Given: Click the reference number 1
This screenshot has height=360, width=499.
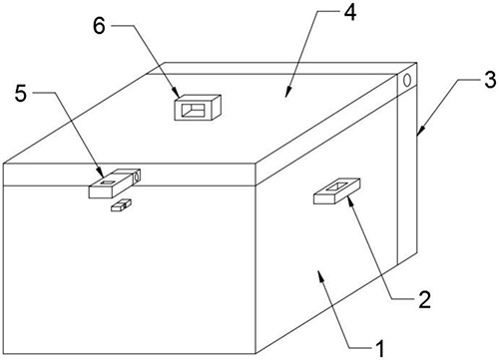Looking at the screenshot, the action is click(379, 349).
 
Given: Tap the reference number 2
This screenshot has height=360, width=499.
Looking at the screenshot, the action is click(425, 299).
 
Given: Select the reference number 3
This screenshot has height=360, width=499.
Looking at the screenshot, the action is click(490, 80).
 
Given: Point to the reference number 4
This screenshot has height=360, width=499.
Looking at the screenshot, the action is click(349, 13).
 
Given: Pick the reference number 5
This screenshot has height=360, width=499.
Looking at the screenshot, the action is click(21, 93).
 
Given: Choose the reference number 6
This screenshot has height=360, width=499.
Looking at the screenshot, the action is click(99, 26).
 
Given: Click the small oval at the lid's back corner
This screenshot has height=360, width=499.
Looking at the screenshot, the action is click(407, 80).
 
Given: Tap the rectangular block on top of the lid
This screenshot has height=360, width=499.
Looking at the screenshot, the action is click(198, 107).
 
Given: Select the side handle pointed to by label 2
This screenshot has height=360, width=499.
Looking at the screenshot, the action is click(336, 190).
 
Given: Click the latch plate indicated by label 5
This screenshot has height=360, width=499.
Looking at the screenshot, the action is click(114, 182).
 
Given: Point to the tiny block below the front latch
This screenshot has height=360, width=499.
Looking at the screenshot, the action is click(121, 204).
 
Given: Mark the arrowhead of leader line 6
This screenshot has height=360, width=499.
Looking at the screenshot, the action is click(177, 93).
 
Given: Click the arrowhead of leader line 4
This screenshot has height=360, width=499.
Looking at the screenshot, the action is click(287, 92).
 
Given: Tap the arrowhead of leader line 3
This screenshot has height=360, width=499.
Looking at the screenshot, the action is click(419, 131).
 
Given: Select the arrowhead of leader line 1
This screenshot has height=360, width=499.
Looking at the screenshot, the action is click(320, 275).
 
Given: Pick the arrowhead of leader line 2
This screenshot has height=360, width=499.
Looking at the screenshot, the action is click(350, 200).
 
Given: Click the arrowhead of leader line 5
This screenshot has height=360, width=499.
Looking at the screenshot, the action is click(101, 174).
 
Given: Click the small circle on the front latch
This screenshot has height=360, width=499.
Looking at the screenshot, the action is click(136, 177).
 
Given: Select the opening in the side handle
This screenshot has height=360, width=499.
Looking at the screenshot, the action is click(336, 186).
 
